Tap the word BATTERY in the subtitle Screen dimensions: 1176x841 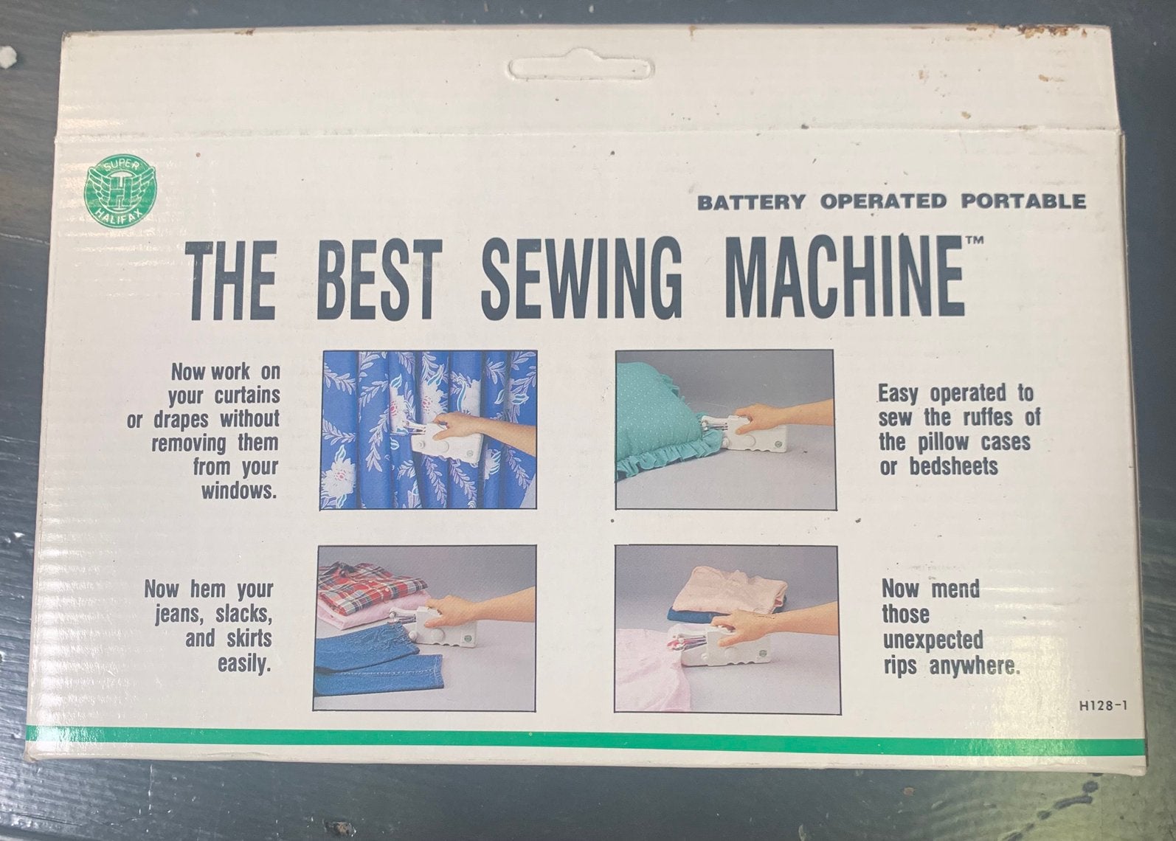pos(751,202)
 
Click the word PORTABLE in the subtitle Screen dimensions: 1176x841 pos(1023,201)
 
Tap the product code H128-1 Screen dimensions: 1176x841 pos(1103,706)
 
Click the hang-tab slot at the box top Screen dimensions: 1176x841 pos(581,69)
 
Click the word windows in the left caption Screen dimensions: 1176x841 pos(238,491)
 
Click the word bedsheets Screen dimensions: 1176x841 pos(954,467)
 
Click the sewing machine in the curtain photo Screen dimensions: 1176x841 pos(441,441)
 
